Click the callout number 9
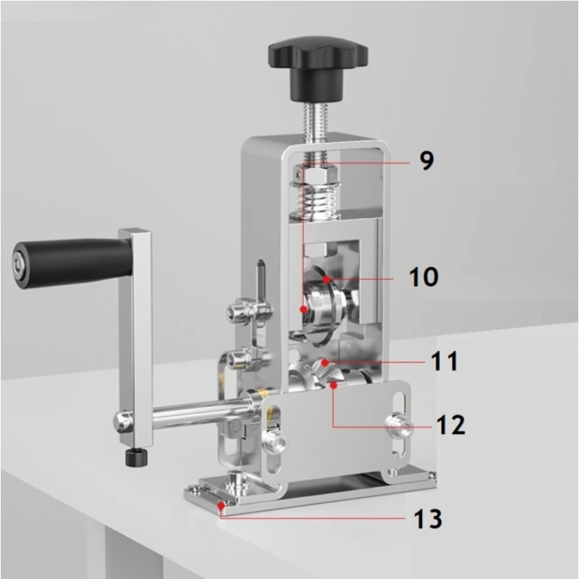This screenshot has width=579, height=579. click(427, 161)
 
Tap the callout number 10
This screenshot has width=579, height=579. click(424, 276)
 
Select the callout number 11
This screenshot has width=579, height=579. click(444, 360)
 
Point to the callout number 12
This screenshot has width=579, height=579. click(450, 425)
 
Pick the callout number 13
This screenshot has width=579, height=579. click(428, 518)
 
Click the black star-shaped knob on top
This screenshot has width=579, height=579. click(318, 67)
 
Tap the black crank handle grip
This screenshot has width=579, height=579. click(72, 263)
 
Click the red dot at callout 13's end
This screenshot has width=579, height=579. click(221, 505)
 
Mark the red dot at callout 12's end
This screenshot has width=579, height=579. click(334, 386)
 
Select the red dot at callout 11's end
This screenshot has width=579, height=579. click(325, 363)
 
